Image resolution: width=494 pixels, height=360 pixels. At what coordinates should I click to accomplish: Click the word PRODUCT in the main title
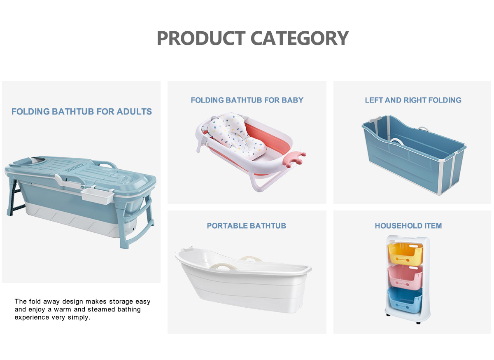coord(201,38)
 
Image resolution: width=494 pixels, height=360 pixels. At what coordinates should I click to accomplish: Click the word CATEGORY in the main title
coord(300,38)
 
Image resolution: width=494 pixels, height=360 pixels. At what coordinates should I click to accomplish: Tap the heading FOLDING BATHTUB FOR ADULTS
coord(82,112)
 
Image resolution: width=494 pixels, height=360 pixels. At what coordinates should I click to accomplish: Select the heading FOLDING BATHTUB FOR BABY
coord(247,100)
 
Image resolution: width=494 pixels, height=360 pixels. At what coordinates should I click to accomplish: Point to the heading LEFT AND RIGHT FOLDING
coord(413,100)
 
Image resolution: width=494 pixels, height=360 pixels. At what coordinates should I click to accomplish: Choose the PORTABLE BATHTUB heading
coord(246,226)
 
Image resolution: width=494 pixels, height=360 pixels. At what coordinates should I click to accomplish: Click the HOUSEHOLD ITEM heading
coord(408,226)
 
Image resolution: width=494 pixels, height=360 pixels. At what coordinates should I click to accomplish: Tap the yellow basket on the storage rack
coord(405,253)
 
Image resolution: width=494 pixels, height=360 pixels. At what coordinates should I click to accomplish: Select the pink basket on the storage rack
coord(405,277)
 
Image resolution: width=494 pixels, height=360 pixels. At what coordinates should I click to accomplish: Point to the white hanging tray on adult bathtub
coord(98,196)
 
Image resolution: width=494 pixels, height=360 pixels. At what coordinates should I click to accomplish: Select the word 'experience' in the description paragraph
coord(32,318)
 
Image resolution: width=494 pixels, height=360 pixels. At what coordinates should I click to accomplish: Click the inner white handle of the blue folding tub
coord(397,141)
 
